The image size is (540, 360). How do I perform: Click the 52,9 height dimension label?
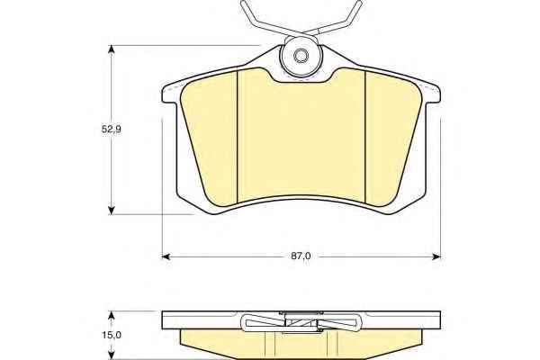tap(111, 130)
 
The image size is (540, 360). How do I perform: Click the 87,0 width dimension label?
tap(301, 256)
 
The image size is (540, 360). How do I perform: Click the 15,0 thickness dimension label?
tap(112, 335)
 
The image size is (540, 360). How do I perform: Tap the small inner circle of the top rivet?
tap(301, 56)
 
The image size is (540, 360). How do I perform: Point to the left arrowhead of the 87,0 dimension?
tap(166, 256)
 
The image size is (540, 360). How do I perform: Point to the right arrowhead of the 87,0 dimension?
tap(436, 256)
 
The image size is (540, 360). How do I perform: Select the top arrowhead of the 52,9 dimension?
tap(111, 49)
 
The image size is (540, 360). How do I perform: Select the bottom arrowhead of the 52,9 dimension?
tap(111, 210)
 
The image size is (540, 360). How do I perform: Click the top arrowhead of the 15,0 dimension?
tap(111, 316)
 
